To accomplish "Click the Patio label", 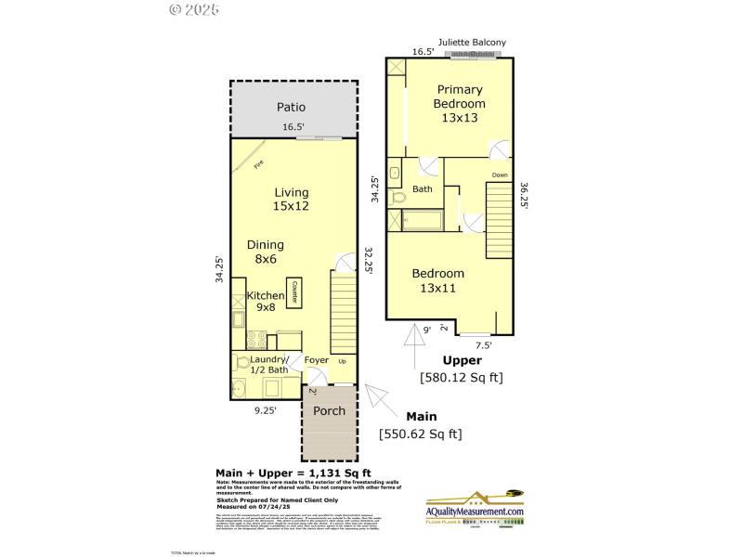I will tap(291, 107).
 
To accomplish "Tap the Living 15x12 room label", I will tap(291, 200).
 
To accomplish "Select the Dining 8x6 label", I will tap(266, 252).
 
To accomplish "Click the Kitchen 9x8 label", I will tap(265, 301).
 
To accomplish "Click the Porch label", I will tap(329, 410).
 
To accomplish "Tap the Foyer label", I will tap(317, 360).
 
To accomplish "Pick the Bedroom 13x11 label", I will tap(438, 280).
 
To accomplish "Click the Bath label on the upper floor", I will tap(423, 189).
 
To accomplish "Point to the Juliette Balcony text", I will tap(472, 43).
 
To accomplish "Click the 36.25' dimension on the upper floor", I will tap(526, 195).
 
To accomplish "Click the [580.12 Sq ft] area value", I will tap(461, 377).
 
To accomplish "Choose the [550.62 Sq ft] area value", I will tap(420, 434).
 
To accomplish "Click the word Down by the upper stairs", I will tap(500, 175).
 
